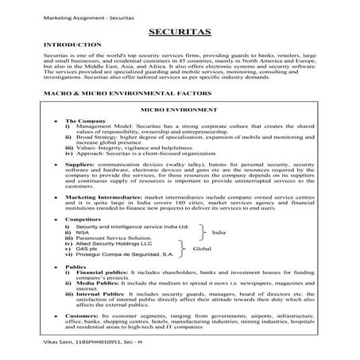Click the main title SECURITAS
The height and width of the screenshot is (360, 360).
pyautogui.click(x=179, y=33)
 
